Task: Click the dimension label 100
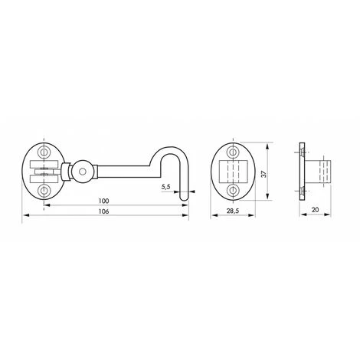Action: click(103, 201)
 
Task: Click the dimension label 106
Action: click(103, 211)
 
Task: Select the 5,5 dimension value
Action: click(165, 187)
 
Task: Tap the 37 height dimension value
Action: click(264, 174)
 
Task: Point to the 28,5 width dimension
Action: click(233, 211)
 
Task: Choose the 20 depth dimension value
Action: click(316, 210)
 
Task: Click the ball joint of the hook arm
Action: click(82, 172)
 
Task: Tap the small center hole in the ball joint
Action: click(82, 172)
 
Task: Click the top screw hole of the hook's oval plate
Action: click(44, 152)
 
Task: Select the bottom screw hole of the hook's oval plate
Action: click(44, 191)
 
